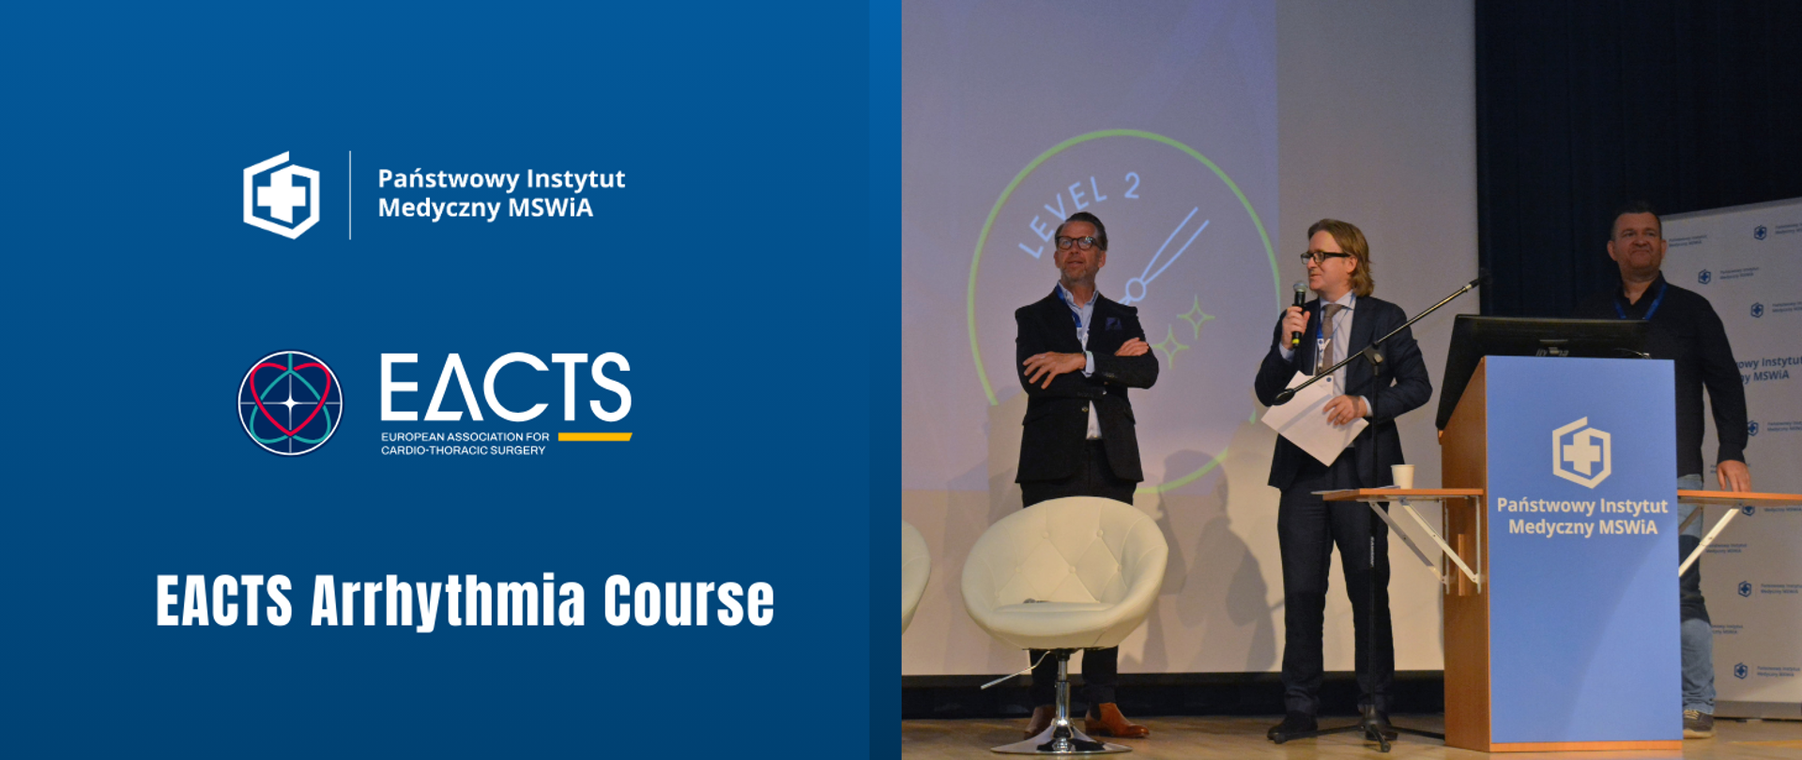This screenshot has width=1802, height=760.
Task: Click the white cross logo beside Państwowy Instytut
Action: click(x=282, y=195)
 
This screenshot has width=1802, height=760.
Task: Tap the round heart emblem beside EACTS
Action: click(x=290, y=403)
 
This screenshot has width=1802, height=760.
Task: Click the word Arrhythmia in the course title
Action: click(x=449, y=600)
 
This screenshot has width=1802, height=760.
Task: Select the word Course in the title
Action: click(x=689, y=600)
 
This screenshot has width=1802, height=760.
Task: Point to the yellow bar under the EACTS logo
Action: click(x=594, y=436)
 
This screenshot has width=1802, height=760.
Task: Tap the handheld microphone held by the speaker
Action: click(x=1298, y=310)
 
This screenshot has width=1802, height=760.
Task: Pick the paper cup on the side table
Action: click(x=1402, y=476)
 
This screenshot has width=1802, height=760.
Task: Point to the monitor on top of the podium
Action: click(x=1539, y=338)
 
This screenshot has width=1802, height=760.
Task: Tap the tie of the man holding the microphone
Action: click(x=1327, y=338)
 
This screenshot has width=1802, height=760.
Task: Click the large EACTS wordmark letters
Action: click(x=505, y=387)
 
